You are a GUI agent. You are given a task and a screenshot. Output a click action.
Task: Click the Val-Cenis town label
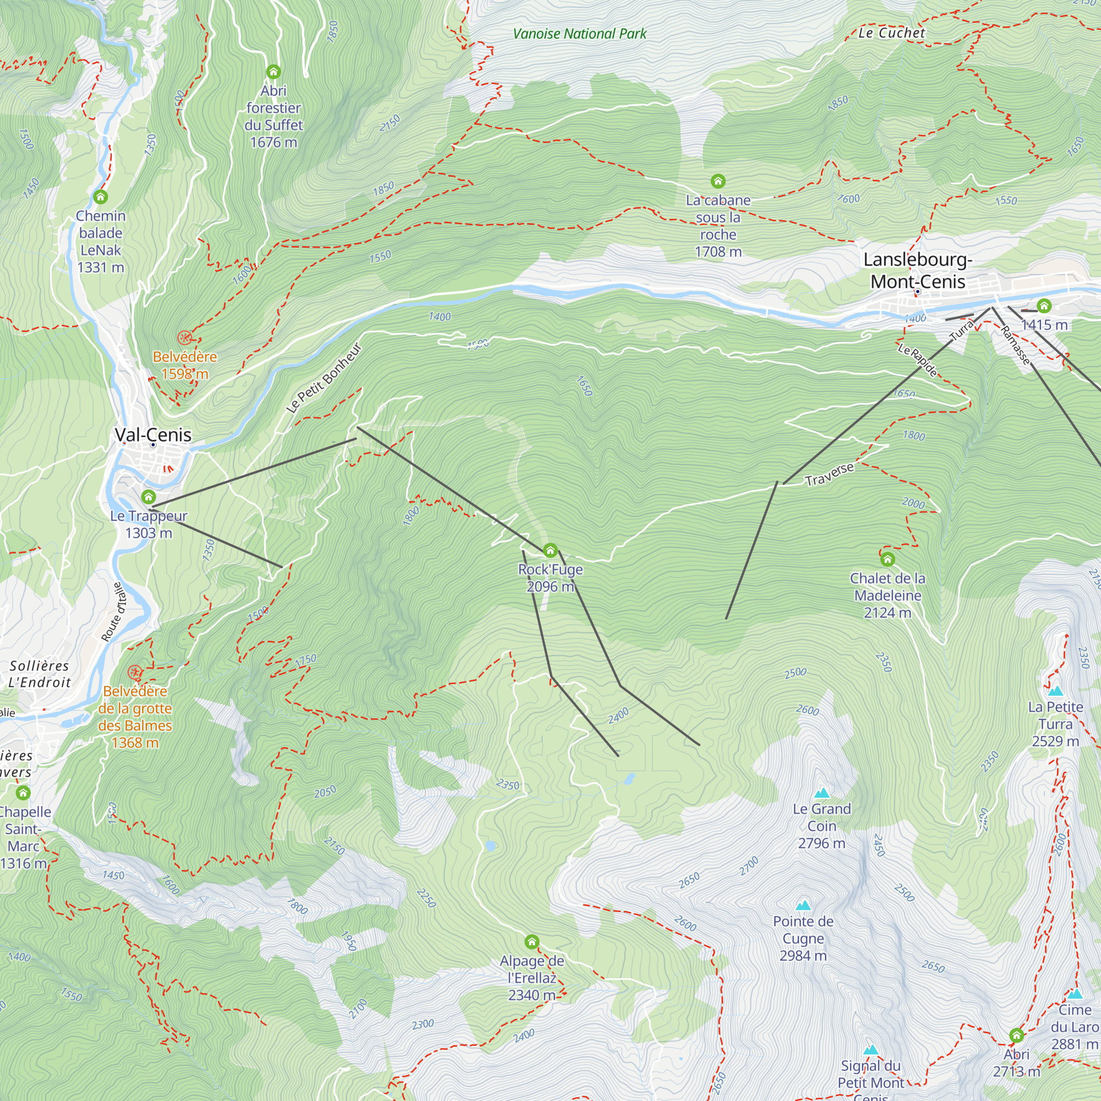pyautogui.click(x=152, y=435)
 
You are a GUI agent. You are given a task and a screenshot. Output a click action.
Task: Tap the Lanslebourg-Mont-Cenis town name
pyautogui.click(x=918, y=271)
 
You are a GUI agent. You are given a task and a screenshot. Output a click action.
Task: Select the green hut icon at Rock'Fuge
pyautogui.click(x=550, y=550)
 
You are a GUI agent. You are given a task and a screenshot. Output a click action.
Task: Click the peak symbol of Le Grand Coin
pyautogui.click(x=821, y=793)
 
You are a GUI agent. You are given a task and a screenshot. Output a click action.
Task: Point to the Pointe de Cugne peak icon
pyautogui.click(x=803, y=906)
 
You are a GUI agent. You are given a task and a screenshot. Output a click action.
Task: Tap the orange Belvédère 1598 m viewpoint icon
pyautogui.click(x=184, y=337)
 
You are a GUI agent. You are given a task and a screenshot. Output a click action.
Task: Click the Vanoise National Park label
pyautogui.click(x=580, y=34)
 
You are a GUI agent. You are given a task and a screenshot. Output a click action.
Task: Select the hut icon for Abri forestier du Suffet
pyautogui.click(x=274, y=72)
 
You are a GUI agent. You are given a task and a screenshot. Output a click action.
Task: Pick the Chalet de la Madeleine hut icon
pyautogui.click(x=887, y=559)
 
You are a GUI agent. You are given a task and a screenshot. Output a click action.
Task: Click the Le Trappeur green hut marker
pyautogui.click(x=149, y=497)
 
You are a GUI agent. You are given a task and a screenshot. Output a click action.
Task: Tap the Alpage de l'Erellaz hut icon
pyautogui.click(x=532, y=942)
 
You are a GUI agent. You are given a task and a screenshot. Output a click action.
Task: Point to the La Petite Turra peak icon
pyautogui.click(x=1055, y=691)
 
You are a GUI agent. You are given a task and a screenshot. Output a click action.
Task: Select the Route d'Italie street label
pyautogui.click(x=112, y=612)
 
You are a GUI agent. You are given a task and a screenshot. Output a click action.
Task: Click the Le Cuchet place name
pyautogui.click(x=891, y=33)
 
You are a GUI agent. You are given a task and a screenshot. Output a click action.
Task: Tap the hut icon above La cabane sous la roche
pyautogui.click(x=718, y=181)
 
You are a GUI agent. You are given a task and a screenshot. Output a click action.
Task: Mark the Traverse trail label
pyautogui.click(x=829, y=474)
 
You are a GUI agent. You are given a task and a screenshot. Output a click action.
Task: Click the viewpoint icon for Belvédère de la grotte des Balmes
pyautogui.click(x=134, y=672)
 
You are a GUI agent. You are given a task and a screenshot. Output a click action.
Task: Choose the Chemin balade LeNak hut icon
pyautogui.click(x=101, y=197)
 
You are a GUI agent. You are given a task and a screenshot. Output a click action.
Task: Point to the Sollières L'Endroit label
pyautogui.click(x=39, y=674)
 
